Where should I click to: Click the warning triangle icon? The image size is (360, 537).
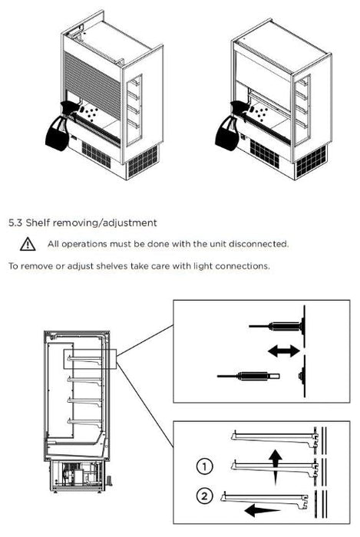coord(28,244)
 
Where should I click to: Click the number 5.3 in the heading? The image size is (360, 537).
coord(15,223)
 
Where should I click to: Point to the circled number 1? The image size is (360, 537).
coord(204,466)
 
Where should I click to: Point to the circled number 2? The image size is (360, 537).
coord(204,496)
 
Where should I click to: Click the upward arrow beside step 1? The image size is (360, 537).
coord(275,467)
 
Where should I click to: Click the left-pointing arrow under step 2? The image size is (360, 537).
coord(263,510)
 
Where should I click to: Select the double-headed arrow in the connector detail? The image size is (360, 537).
coord(283,351)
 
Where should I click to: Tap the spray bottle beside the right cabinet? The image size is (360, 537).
coord(230,126)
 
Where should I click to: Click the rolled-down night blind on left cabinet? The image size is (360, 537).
coord(92,81)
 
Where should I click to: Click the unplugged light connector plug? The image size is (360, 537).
coord(249,376)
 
